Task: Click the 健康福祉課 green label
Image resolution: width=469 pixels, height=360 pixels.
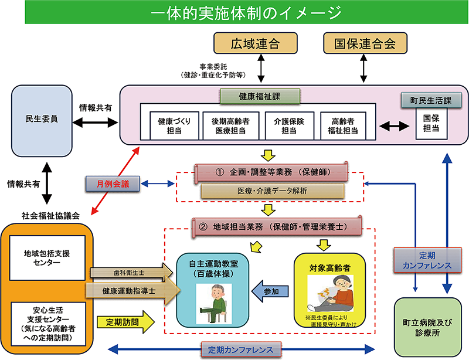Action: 260,96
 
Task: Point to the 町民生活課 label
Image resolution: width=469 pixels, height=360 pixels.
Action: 430,100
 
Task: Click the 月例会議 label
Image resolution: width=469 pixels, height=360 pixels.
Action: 115,184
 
